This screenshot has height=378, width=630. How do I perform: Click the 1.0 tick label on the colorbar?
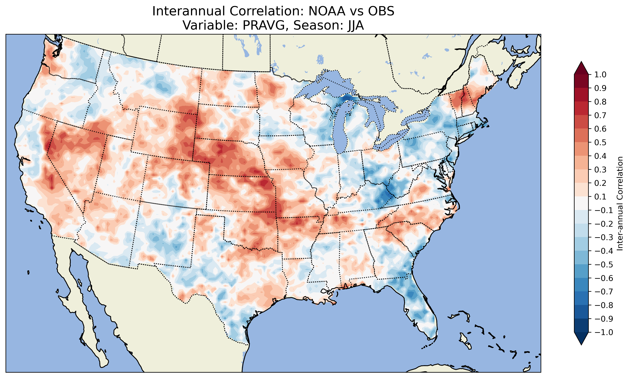(600, 75)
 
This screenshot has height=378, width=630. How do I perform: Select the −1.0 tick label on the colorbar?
(604, 332)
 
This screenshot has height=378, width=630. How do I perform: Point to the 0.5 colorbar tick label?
(600, 142)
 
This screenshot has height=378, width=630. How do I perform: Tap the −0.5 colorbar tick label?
(604, 264)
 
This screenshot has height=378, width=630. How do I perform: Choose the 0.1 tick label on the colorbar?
(600, 197)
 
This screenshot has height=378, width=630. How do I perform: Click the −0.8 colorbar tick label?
(604, 305)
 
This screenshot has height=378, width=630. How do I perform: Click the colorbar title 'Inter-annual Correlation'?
(620, 203)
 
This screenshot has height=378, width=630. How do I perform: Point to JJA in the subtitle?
(354, 25)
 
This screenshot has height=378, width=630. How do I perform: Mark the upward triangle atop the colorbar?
(581, 68)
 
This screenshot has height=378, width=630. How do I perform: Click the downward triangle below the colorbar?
(581, 339)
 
